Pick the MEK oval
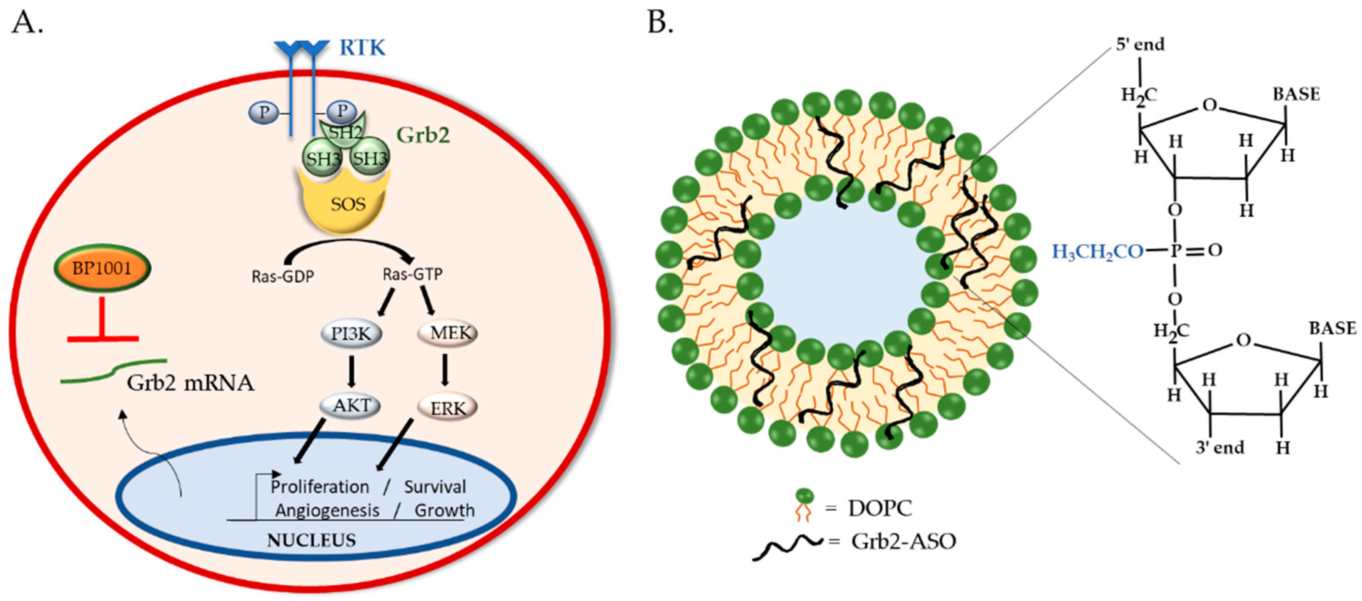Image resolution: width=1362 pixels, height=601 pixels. coord(448,333)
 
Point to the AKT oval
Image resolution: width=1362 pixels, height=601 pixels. coord(350,406)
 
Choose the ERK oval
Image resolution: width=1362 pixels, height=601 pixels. coord(448,408)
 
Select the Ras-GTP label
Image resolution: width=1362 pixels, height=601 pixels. coord(412,274)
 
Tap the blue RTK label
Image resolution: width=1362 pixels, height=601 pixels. coord(362,47)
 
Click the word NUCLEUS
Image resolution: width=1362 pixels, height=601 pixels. coord(311,540)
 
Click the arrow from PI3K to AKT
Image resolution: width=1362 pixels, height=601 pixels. coord(350,370)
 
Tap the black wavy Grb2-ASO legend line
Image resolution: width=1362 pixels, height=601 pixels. coord(788,548)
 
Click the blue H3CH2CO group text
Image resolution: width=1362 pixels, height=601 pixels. coord(1098,252)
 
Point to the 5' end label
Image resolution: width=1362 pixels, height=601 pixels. coord(1140,45)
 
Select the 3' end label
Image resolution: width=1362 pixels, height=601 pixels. coord(1220,448)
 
